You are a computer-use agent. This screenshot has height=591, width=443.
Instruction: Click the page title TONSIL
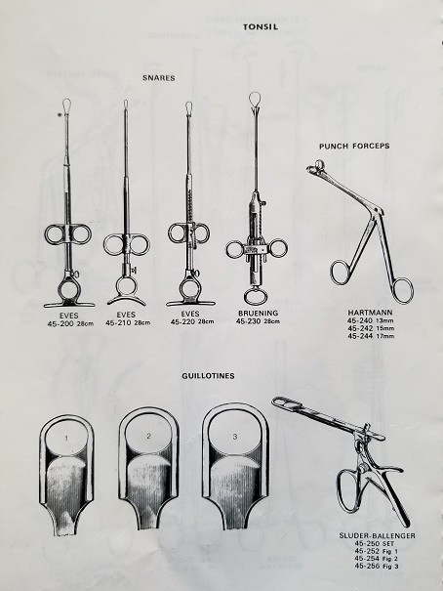261,26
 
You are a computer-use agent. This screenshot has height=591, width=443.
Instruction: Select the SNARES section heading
159,78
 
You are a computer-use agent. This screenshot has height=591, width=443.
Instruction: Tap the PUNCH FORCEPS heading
354,146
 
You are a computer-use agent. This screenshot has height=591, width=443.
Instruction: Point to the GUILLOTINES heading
208,376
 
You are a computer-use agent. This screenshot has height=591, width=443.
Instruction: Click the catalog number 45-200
61,323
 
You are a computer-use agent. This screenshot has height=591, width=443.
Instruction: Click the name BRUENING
259,313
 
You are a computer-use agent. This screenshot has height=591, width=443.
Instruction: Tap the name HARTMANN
370,313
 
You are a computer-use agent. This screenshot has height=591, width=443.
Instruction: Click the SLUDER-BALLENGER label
377,535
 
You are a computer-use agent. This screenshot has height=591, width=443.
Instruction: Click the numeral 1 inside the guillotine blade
66,439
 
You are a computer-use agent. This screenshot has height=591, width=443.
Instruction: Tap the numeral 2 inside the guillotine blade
148,436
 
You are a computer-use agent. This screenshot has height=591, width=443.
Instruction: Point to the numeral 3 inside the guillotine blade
235,437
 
